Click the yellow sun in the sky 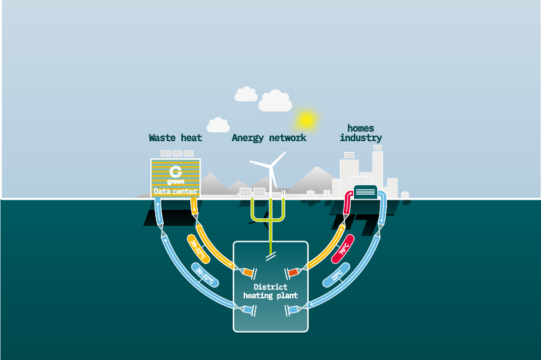pyautogui.click(x=307, y=119)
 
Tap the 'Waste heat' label pyautogui.click(x=175, y=137)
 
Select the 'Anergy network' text pyautogui.click(x=269, y=137)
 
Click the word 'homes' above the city pyautogui.click(x=360, y=128)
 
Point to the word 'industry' pyautogui.click(x=360, y=138)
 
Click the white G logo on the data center pyautogui.click(x=176, y=172)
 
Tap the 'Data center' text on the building pyautogui.click(x=176, y=191)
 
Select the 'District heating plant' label pyautogui.click(x=270, y=291)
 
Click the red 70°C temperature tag pyautogui.click(x=344, y=249)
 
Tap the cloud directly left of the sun pyautogui.click(x=275, y=100)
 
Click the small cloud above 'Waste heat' pyautogui.click(x=218, y=125)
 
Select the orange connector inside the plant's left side pyautogui.click(x=248, y=273)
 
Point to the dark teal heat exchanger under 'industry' pyautogui.click(x=365, y=191)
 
